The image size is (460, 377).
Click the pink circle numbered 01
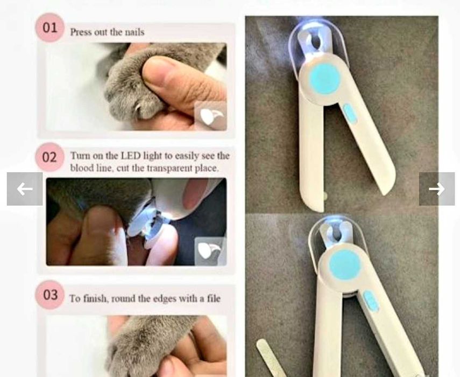(49, 27)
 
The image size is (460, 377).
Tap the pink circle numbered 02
(49, 157)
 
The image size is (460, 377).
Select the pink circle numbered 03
(49, 295)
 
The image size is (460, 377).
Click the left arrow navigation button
(25, 189)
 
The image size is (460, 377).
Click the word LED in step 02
(131, 156)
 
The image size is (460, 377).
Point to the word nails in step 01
(135, 32)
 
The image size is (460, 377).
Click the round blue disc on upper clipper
(324, 79)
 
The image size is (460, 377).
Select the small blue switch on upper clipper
(350, 113)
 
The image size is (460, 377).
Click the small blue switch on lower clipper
(371, 301)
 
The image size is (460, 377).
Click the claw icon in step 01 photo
(211, 116)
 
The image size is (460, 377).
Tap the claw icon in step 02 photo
(211, 252)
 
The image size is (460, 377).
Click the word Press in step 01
(79, 32)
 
